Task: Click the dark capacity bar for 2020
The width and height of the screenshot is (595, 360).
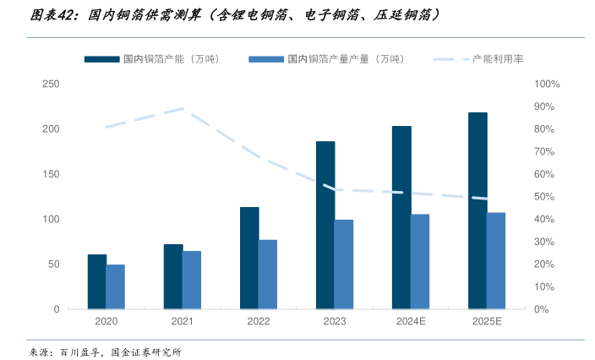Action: pyautogui.click(x=97, y=281)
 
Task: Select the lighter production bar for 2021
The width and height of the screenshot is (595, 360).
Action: pyautogui.click(x=192, y=280)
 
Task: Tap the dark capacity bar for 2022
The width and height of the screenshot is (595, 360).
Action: pyautogui.click(x=249, y=258)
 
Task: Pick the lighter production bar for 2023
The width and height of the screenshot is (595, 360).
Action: pyautogui.click(x=344, y=265)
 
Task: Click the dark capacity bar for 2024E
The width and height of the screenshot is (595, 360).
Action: pyautogui.click(x=401, y=217)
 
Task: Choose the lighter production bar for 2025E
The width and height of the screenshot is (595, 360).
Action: pyautogui.click(x=496, y=260)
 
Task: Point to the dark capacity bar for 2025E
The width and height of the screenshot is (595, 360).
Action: pyautogui.click(x=478, y=210)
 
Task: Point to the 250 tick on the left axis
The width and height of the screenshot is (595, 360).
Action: pyautogui.click(x=51, y=84)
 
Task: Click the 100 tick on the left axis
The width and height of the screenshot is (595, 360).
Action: pyautogui.click(x=51, y=219)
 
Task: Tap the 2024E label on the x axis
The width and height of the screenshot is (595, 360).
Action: pyautogui.click(x=411, y=322)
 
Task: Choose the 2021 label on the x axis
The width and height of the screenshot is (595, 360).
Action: pyautogui.click(x=183, y=322)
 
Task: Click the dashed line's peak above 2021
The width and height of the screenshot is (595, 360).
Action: pyautogui.click(x=183, y=108)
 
